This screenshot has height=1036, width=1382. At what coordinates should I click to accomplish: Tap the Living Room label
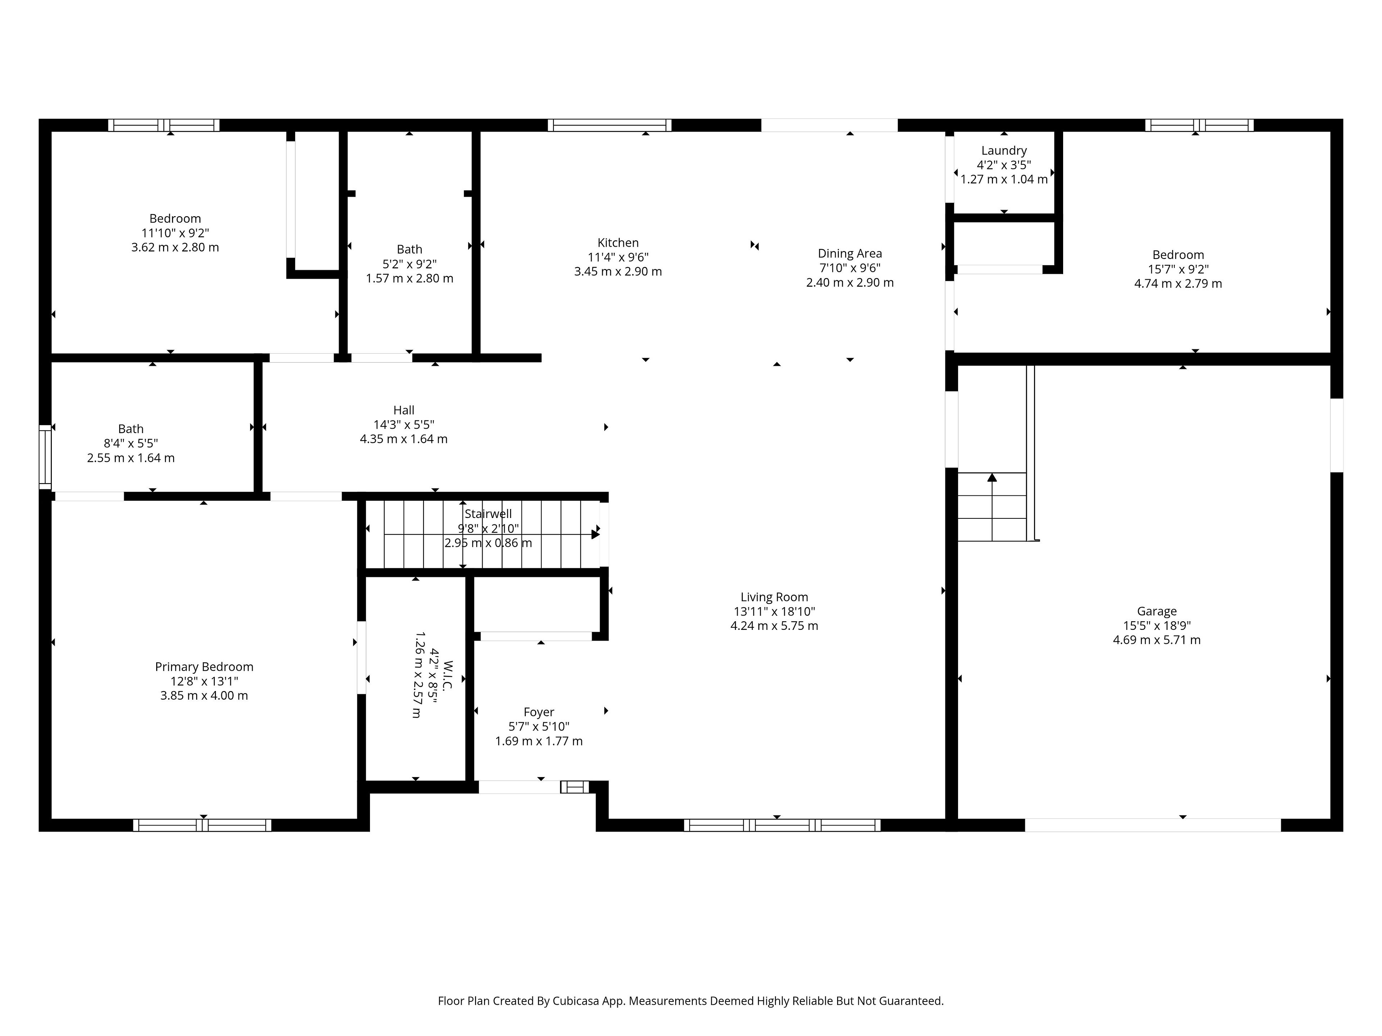pyautogui.click(x=774, y=597)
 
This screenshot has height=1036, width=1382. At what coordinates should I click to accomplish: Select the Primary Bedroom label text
pyautogui.click(x=204, y=667)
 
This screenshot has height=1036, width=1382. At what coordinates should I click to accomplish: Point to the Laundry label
pyautogui.click(x=1004, y=150)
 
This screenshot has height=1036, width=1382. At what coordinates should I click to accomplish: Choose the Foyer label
pyautogui.click(x=538, y=712)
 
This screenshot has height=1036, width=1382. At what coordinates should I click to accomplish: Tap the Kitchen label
pyautogui.click(x=618, y=243)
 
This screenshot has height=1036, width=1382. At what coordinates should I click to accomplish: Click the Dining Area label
pyautogui.click(x=850, y=254)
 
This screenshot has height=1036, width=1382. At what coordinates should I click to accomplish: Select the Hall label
pyautogui.click(x=403, y=410)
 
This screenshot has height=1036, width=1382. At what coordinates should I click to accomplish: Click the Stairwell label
pyautogui.click(x=488, y=514)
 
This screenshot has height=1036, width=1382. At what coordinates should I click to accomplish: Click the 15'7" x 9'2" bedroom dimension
pyautogui.click(x=1178, y=269)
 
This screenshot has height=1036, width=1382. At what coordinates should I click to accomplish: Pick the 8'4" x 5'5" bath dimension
pyautogui.click(x=131, y=444)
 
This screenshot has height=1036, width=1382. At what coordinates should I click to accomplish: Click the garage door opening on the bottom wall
pyautogui.click(x=1153, y=825)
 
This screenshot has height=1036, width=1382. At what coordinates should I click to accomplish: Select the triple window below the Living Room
pyautogui.click(x=782, y=825)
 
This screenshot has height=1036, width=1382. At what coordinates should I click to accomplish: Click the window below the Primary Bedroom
pyautogui.click(x=202, y=825)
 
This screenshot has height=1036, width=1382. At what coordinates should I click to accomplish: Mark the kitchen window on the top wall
pyautogui.click(x=610, y=125)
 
